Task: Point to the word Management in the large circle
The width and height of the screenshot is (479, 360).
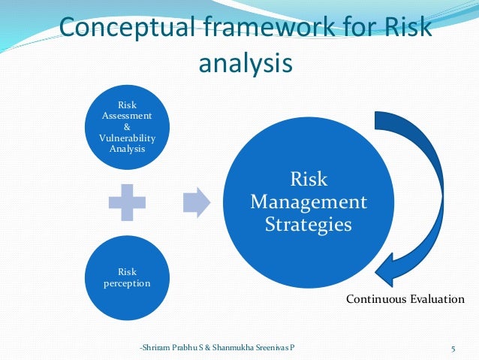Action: pos(309,202)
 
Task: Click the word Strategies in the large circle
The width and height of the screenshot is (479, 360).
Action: pos(309,224)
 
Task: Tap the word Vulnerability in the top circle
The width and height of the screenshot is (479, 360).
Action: pos(127,138)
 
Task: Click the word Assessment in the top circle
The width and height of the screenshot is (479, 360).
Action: pos(127,116)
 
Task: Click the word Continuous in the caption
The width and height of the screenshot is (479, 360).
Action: pos(377,300)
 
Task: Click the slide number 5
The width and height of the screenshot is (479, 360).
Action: pos(453,348)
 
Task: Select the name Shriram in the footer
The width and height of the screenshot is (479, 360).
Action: pos(160,348)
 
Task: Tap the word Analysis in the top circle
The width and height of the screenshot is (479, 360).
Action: pos(127,148)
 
